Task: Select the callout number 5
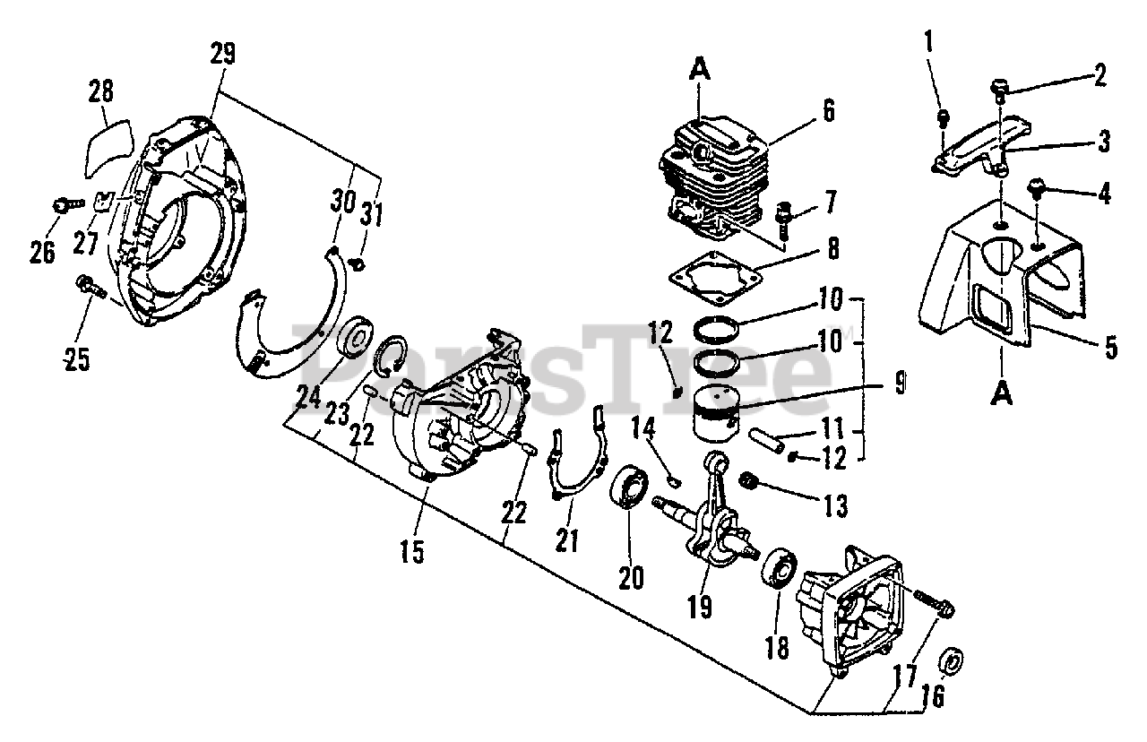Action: [1110, 348]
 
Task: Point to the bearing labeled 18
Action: [780, 568]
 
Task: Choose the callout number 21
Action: [566, 539]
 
